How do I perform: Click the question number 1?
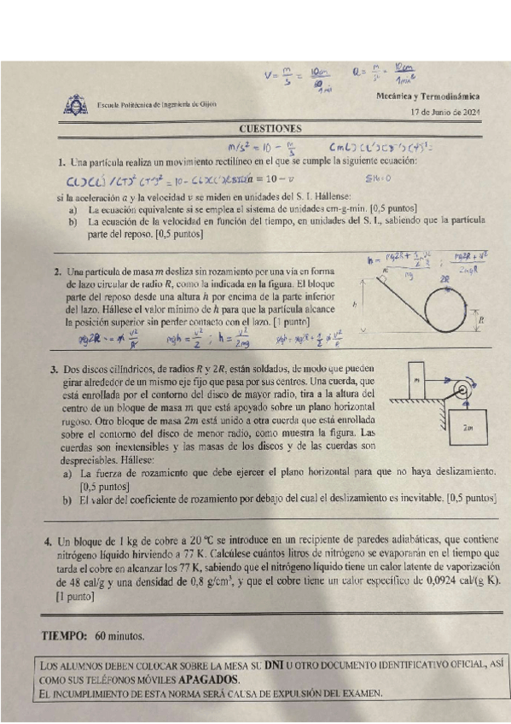(61, 162)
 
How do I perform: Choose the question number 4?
(47, 540)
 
